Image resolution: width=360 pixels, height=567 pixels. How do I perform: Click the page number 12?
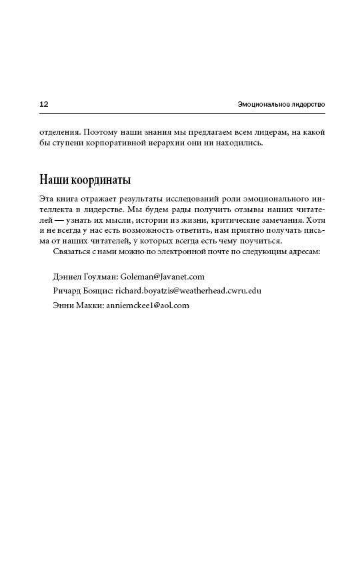click(x=44, y=104)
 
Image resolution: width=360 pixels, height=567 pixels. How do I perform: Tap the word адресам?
click(x=303, y=251)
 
